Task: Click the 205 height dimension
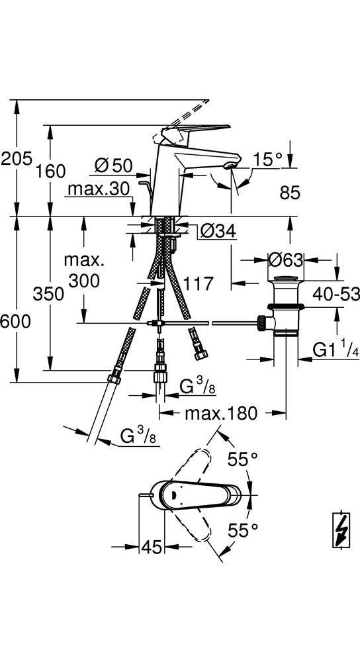coord(16,159)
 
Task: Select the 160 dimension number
coord(50,171)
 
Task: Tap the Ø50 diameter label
coord(114,165)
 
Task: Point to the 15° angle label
coord(267,160)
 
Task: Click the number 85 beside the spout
coord(289,193)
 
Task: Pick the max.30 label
coord(98,189)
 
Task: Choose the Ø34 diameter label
coord(218,231)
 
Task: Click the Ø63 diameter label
coord(286,260)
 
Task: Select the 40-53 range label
coord(336,293)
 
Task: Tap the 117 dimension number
coord(197,283)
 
